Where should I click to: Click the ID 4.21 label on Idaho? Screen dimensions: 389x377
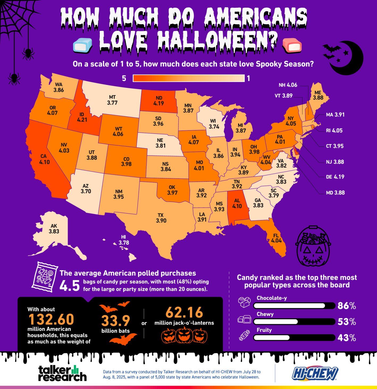pos(82,117)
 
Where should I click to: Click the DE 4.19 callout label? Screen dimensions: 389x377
pos(335,177)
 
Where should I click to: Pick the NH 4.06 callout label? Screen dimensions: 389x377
pos(288,85)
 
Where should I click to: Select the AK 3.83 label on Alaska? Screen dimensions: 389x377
pos(54,229)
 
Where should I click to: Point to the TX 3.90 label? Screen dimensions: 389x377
pos(161,218)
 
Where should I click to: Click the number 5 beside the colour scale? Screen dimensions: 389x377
pos(124,78)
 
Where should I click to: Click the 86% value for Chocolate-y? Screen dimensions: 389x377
pos(346,306)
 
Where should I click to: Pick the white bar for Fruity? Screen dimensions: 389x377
pos(271,338)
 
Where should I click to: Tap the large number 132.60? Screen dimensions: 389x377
pos(51,319)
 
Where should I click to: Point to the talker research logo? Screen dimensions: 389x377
pos(62,373)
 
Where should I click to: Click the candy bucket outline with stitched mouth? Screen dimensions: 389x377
pos(313,246)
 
